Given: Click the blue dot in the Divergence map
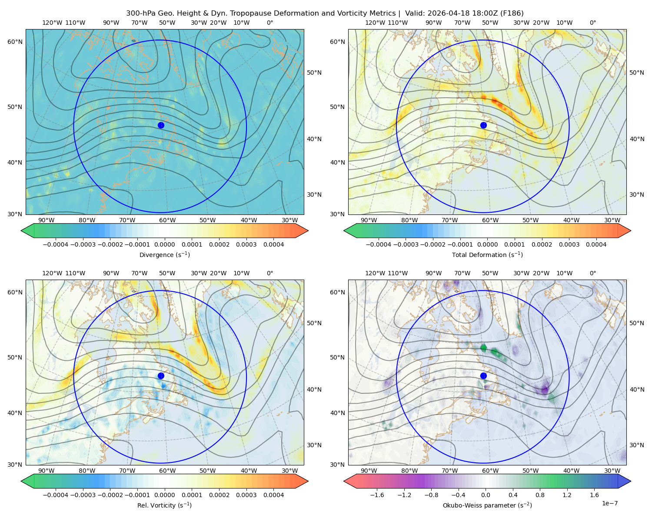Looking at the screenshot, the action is click(161, 125).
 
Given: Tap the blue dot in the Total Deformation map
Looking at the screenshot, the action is click(483, 125).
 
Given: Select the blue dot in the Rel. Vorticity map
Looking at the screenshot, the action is click(161, 376).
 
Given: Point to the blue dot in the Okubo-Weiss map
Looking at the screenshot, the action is click(483, 376).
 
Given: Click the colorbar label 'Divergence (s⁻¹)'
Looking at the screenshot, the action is click(164, 254).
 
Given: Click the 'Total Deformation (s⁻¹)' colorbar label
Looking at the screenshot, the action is click(487, 254).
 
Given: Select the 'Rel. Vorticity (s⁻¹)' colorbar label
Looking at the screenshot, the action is click(164, 505).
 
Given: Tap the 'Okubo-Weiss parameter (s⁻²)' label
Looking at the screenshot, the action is click(487, 505).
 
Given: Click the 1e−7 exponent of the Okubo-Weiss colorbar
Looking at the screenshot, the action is click(609, 503).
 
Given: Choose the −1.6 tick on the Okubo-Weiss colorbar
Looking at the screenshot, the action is click(377, 495).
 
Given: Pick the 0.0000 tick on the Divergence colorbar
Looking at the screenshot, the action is click(164, 244).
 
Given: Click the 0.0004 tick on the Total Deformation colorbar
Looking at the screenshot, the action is click(596, 244).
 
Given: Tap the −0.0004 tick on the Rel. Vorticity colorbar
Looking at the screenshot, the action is click(56, 495).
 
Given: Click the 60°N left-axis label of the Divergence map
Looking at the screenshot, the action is click(15, 42).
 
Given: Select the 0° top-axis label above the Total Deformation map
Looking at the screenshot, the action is click(593, 23).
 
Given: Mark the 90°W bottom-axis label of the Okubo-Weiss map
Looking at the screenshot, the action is click(369, 471).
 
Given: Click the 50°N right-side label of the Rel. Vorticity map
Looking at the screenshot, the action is click(314, 323).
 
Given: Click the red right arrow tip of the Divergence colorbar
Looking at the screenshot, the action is click(308, 231).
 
